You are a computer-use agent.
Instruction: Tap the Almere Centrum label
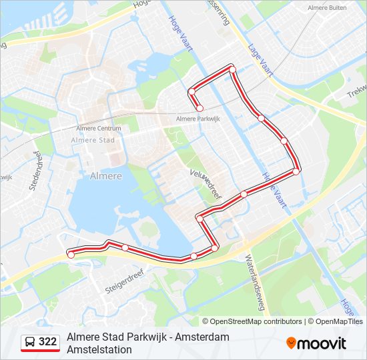(x=99, y=129)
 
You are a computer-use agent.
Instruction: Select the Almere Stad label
(x=93, y=140)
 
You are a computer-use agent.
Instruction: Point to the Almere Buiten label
(x=326, y=8)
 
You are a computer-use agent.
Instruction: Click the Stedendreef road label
(x=36, y=175)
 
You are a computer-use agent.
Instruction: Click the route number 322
(x=48, y=342)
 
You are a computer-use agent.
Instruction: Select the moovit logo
(x=316, y=343)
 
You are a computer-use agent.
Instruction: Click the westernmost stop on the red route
(x=71, y=254)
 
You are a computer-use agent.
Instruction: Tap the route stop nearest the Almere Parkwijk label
(x=199, y=108)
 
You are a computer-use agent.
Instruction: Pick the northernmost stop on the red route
(x=232, y=69)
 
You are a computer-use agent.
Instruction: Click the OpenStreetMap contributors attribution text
(x=252, y=321)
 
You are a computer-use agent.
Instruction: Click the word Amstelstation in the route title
(x=99, y=349)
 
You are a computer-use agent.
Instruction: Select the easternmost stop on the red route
(x=296, y=171)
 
